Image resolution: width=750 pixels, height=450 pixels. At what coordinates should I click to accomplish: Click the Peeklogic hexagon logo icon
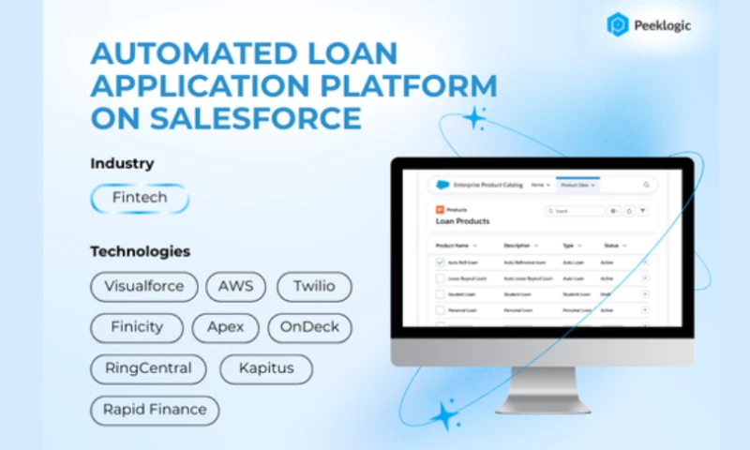(617, 24)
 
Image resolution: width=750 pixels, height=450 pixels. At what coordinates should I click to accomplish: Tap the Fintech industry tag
(140, 199)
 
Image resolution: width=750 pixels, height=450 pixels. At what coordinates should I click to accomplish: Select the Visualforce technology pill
(144, 286)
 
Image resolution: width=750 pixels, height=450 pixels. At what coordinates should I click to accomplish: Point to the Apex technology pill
(225, 327)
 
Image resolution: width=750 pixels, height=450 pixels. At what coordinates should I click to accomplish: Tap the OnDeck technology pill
(310, 327)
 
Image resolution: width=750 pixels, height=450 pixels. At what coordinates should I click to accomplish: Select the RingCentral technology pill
(148, 368)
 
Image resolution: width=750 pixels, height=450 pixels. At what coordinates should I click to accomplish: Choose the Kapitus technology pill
(265, 368)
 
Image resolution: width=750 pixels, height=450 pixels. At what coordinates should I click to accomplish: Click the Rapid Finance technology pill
(155, 410)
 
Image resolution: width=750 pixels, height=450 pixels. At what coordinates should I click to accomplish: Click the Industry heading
(122, 163)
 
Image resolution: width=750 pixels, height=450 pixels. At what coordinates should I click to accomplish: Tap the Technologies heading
(141, 251)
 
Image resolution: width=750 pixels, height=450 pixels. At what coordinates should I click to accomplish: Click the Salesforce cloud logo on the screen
(442, 186)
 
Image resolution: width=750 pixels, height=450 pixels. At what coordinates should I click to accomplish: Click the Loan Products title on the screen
(462, 222)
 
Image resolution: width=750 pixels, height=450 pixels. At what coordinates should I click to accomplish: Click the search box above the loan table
(576, 212)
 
